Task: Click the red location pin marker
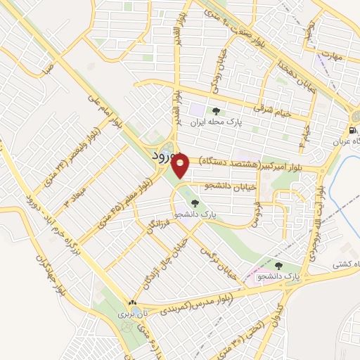[x=181, y=166]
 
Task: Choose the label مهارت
[x=329, y=55]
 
